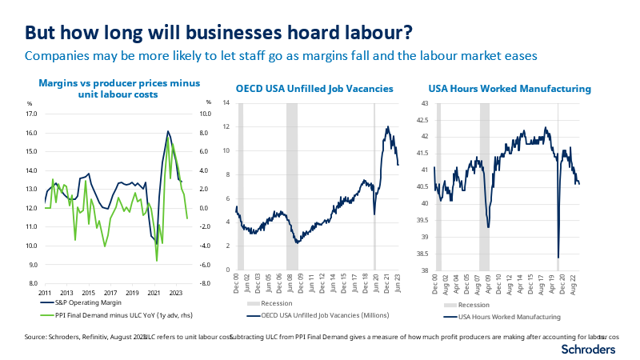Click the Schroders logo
590,350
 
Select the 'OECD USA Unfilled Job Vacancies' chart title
314,89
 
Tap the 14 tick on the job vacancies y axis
226,103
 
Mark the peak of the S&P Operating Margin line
168,131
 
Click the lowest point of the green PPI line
157,261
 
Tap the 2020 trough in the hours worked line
558,258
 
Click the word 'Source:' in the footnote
38,337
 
